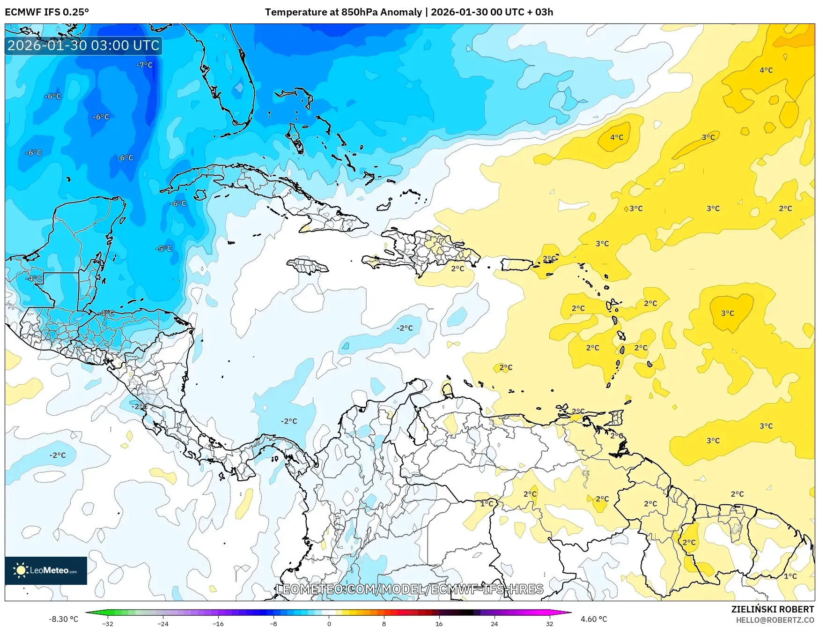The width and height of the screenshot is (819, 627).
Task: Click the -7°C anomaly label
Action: click(x=144, y=65)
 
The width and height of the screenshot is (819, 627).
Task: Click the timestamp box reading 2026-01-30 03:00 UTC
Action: click(x=83, y=45)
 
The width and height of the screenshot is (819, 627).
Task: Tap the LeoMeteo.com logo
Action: click(x=46, y=570)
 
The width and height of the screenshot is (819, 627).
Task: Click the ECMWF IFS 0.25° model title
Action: click(x=47, y=12)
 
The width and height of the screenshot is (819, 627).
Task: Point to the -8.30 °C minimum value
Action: click(x=63, y=619)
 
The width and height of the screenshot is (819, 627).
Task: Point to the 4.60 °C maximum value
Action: click(x=593, y=619)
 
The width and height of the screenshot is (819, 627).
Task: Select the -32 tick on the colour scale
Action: click(x=108, y=623)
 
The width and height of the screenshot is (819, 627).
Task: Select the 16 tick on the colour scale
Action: click(x=439, y=623)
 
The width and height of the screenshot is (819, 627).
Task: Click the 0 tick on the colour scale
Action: click(x=329, y=623)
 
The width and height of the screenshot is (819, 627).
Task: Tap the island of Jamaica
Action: click(x=308, y=267)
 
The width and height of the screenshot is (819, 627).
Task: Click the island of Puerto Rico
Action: click(x=516, y=265)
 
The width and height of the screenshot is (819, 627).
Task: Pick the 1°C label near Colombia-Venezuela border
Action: click(x=487, y=504)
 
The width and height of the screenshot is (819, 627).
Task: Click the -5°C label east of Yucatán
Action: click(x=164, y=249)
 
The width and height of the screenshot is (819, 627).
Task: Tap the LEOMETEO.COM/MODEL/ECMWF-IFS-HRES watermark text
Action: click(x=410, y=589)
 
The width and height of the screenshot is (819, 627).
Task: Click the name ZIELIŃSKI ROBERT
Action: click(x=773, y=609)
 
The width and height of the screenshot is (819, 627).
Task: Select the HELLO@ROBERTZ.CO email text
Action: click(x=775, y=620)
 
